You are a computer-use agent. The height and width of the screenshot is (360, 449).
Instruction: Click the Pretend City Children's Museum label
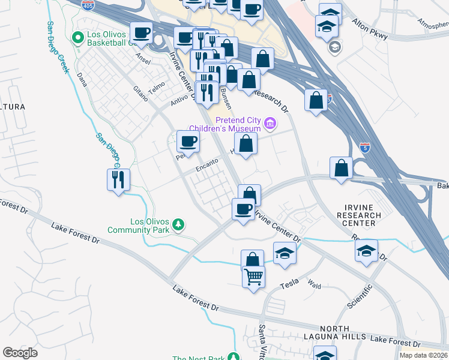point(225,124)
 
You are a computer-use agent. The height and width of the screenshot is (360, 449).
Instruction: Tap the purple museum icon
point(270,124)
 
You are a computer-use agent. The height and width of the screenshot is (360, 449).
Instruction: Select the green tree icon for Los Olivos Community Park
point(178,224)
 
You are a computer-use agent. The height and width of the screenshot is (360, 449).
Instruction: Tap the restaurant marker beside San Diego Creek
point(118,179)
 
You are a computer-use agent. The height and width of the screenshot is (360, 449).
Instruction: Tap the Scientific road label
point(360,296)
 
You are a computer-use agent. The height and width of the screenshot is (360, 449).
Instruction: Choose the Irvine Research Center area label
point(359,215)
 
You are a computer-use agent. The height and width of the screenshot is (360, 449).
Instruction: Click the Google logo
point(20,352)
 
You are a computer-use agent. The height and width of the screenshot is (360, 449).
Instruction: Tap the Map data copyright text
point(423,355)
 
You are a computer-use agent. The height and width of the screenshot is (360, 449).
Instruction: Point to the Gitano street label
point(139,92)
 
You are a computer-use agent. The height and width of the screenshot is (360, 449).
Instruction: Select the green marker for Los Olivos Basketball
point(77,38)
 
